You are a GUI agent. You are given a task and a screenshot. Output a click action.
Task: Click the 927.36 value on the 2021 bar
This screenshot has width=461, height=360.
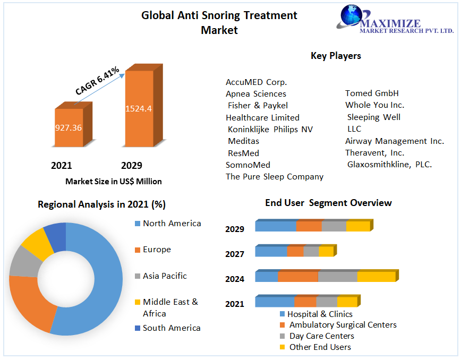[x=69, y=127]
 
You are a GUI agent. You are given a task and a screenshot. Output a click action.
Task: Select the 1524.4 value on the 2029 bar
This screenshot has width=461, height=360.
[x=139, y=109]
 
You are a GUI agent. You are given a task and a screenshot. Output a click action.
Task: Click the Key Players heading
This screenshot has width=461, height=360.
[x=336, y=56]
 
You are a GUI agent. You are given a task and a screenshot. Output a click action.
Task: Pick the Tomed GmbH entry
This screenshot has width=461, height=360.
[x=372, y=93]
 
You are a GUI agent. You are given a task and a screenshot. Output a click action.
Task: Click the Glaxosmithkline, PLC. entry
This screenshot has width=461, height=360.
[x=389, y=165]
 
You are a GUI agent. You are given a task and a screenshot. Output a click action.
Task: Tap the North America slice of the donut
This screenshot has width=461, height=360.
[x=101, y=276]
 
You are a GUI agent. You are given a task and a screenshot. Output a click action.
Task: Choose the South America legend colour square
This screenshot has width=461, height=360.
[x=138, y=328]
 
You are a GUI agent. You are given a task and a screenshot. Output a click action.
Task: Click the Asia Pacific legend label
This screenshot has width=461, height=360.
[x=165, y=276]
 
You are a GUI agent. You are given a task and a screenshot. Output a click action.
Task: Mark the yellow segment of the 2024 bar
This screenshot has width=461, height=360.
[x=376, y=277]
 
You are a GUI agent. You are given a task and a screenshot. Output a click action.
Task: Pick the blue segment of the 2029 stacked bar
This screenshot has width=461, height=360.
[x=275, y=226]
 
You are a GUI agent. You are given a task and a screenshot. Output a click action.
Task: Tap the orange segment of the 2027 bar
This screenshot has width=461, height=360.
[x=295, y=251]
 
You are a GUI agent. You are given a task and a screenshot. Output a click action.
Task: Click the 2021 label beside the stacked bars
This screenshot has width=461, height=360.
[x=235, y=304]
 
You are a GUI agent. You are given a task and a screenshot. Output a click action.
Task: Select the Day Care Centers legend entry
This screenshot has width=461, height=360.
[x=321, y=336]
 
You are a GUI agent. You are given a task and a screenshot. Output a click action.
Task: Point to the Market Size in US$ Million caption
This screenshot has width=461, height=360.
[x=114, y=181]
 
